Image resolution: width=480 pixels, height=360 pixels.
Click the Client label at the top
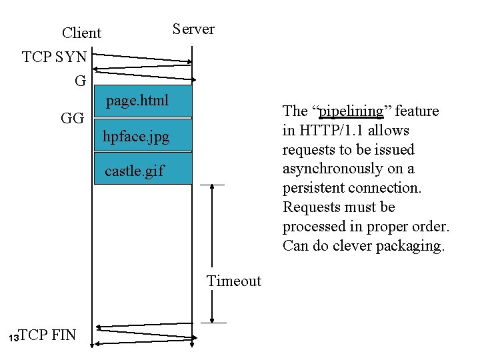[81, 33]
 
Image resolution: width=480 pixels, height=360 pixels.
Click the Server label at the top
[193, 29]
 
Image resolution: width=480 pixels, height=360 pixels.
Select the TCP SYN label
[54, 57]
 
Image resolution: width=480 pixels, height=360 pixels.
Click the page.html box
[143, 101]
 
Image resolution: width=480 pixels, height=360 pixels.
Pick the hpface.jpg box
[143, 137]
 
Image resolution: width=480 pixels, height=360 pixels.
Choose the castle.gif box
[143, 171]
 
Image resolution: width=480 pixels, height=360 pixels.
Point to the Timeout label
[234, 281]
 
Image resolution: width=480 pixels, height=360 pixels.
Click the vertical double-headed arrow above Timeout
[212, 253]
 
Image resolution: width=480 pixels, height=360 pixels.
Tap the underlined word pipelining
[351, 111]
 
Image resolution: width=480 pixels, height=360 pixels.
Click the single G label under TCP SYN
[80, 82]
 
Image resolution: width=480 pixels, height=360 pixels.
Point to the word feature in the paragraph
[417, 111]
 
